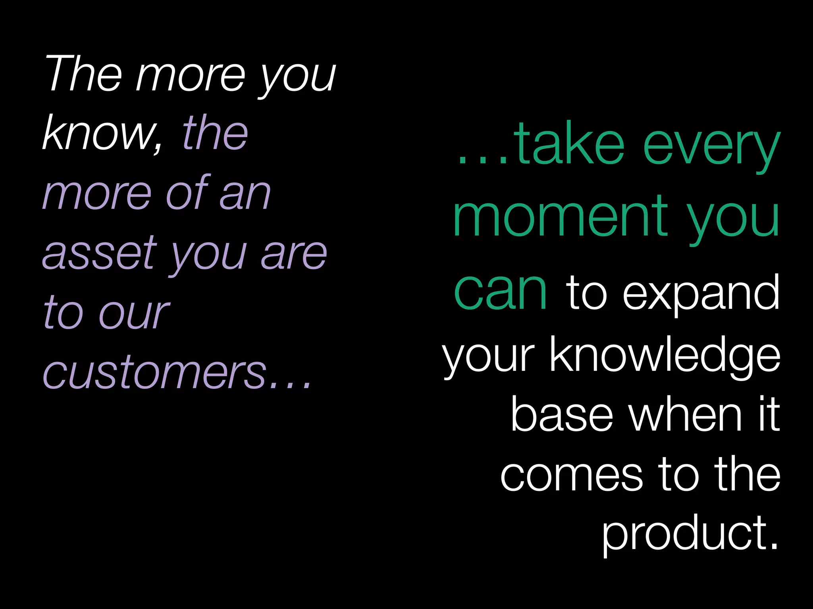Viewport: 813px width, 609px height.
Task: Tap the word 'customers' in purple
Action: (155, 373)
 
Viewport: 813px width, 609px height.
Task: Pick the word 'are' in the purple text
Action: (294, 254)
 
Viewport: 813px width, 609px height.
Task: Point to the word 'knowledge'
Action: (665, 355)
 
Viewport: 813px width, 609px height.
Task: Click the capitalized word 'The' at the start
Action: (83, 73)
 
